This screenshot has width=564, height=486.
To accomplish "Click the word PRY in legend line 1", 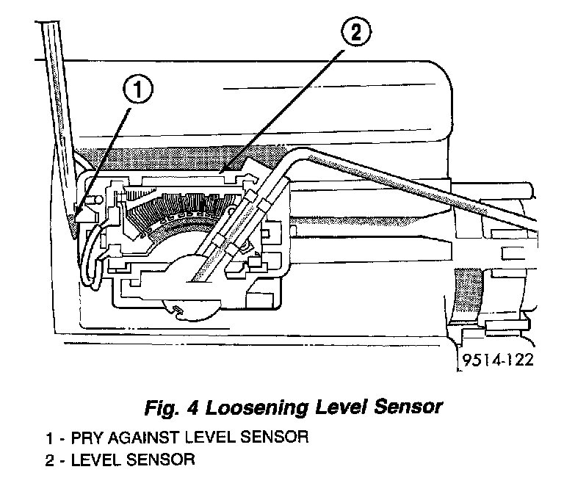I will click(x=87, y=438).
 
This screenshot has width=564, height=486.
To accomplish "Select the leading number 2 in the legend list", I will click(x=48, y=460).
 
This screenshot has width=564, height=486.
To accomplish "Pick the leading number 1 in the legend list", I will click(x=48, y=438).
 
